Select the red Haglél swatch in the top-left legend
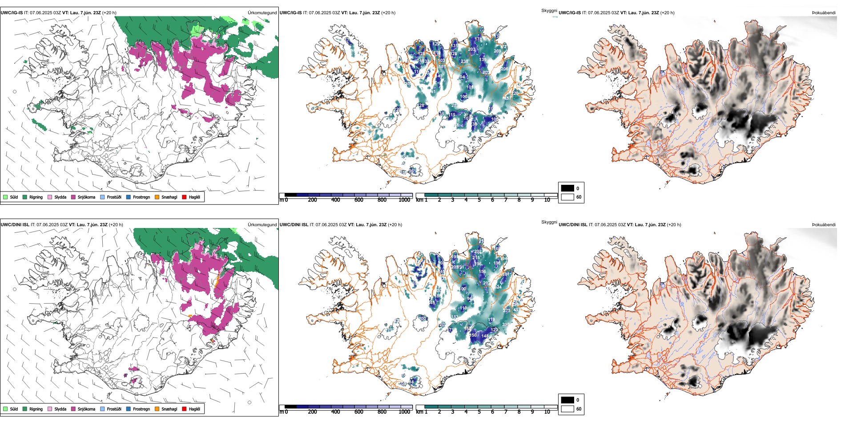[x=185, y=197]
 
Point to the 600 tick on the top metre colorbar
[x=358, y=200]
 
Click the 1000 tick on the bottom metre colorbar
[x=404, y=412]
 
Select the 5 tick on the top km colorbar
[x=479, y=200]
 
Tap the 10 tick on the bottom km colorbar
[x=547, y=412]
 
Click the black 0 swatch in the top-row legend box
[x=567, y=188]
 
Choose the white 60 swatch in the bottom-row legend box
[x=567, y=409]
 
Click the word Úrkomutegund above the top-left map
[x=262, y=13]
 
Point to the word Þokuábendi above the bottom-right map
[x=824, y=225]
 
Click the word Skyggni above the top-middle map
[x=549, y=11]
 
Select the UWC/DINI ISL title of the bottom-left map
[x=15, y=225]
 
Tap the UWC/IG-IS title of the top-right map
[x=570, y=13]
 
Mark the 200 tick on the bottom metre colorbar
[x=312, y=412]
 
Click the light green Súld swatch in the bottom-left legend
[x=5, y=409]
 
